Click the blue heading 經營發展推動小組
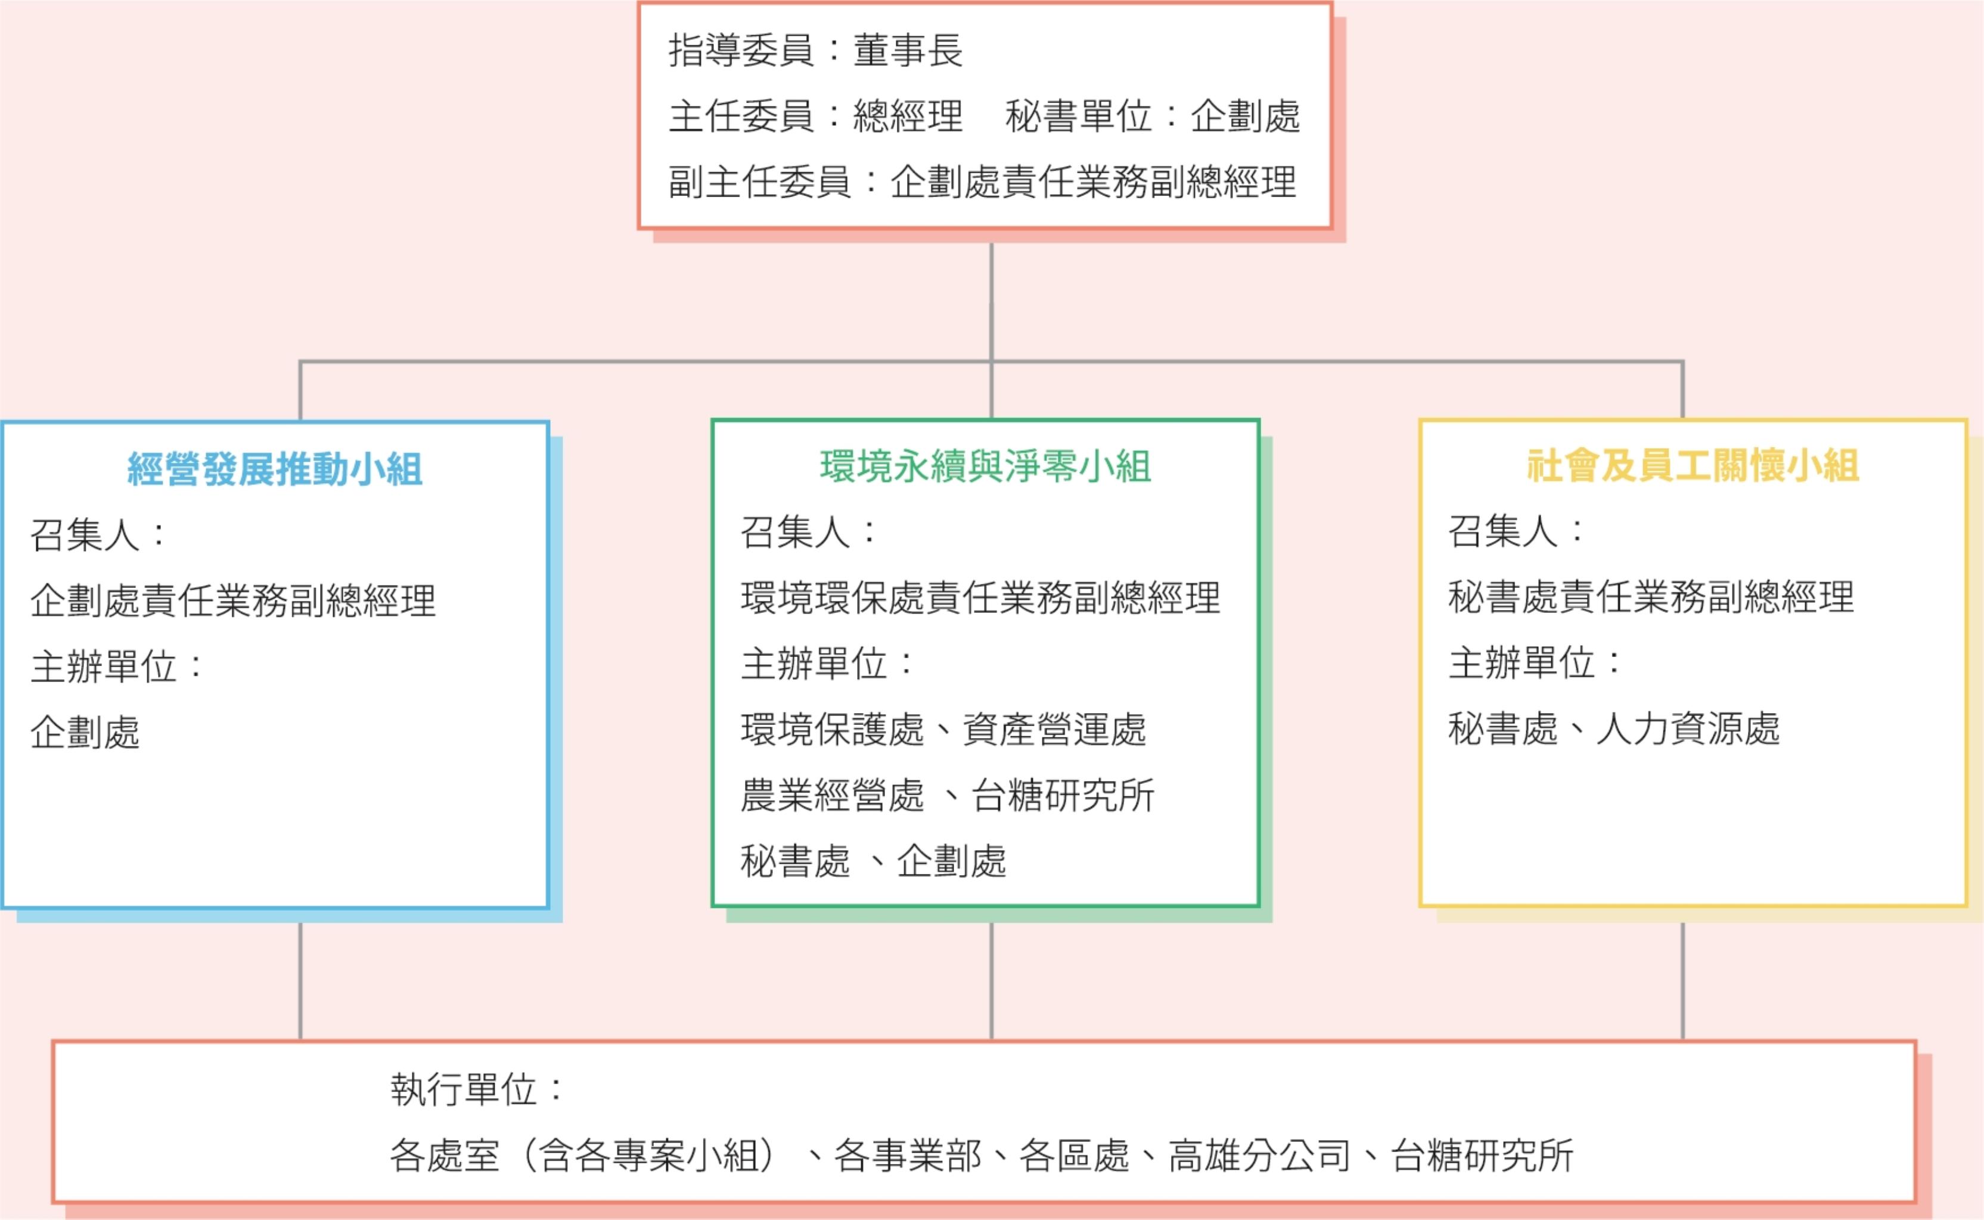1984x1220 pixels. pyautogui.click(x=274, y=469)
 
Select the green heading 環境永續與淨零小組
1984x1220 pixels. pyautogui.click(x=986, y=467)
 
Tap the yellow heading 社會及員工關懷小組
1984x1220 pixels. pyautogui.click(x=1693, y=466)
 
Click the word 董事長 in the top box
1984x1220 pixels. pyautogui.click(x=908, y=51)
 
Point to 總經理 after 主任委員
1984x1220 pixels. pyautogui.click(x=908, y=116)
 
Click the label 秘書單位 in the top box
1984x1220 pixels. pyautogui.click(x=1078, y=116)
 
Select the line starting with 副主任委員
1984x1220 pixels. pyautogui.click(x=982, y=182)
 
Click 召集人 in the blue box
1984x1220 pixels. pyautogui.click(x=85, y=535)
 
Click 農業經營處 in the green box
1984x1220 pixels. pyautogui.click(x=831, y=796)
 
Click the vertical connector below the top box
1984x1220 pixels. pyautogui.click(x=991, y=298)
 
